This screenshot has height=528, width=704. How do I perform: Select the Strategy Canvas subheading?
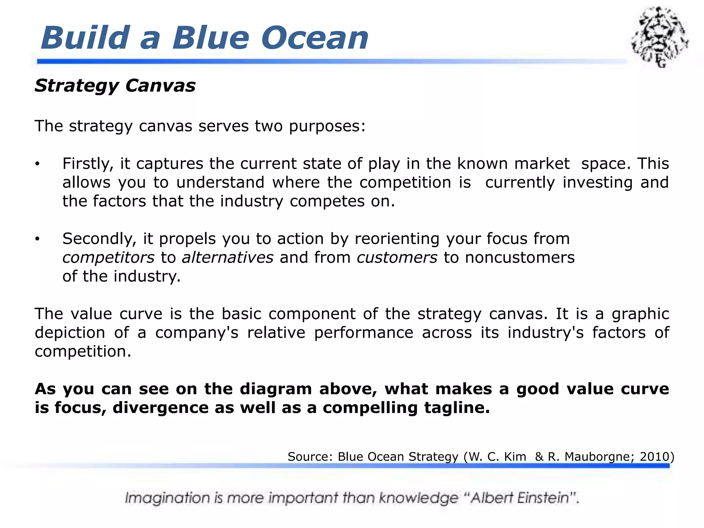tap(115, 85)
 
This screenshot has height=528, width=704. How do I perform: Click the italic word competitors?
tap(108, 258)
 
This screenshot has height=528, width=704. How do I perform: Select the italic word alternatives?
tap(228, 258)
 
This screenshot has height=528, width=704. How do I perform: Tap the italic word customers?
tap(397, 258)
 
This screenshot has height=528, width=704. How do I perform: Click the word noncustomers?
tap(519, 258)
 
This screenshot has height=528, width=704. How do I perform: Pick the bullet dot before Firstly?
tap(37, 164)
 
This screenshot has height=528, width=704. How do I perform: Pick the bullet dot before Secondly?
tap(37, 239)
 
